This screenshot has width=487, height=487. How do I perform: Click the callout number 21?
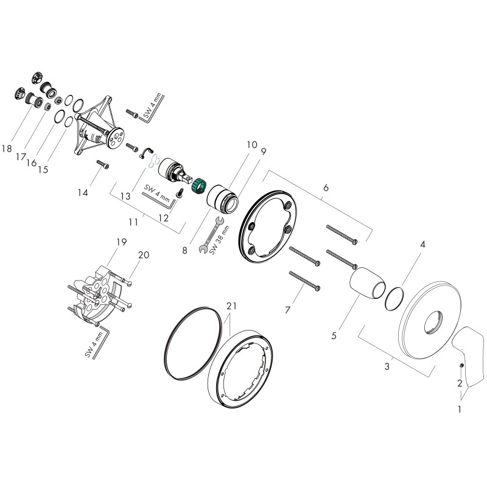(x=231, y=306)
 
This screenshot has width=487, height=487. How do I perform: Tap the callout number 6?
(x=326, y=187)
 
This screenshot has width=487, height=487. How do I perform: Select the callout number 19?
(x=121, y=242)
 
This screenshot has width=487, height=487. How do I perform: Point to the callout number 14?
(x=83, y=193)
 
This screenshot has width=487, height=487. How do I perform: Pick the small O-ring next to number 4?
(x=394, y=298)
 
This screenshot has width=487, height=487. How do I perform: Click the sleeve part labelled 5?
(x=368, y=284)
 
